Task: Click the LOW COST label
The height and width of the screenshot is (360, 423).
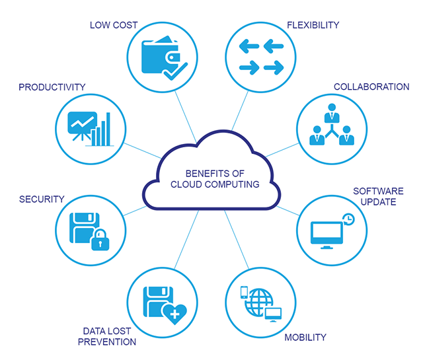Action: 114,25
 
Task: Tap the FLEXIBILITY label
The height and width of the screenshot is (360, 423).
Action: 313,25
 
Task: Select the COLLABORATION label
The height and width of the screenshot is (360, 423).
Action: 371,87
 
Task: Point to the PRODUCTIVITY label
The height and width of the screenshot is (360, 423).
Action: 52,87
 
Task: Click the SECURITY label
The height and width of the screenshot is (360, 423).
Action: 42,199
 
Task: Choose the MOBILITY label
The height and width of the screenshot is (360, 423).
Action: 305,337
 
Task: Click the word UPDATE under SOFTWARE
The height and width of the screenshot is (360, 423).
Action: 378,201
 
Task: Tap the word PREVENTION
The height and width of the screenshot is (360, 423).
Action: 107,342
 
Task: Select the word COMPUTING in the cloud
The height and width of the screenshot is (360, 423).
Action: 232,184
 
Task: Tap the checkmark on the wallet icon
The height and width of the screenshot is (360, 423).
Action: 175,71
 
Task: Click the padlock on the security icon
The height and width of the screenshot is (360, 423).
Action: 100,240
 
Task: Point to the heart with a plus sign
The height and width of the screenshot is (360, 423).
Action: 174,314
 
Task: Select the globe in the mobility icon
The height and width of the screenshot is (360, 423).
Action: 258,303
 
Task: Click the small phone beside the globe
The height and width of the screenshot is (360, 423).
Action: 244,293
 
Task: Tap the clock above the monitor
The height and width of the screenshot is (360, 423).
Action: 348,219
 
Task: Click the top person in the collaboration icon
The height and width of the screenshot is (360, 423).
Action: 332,113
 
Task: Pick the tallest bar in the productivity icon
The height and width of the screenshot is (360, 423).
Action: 108,129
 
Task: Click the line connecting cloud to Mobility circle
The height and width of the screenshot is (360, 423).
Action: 237,239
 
